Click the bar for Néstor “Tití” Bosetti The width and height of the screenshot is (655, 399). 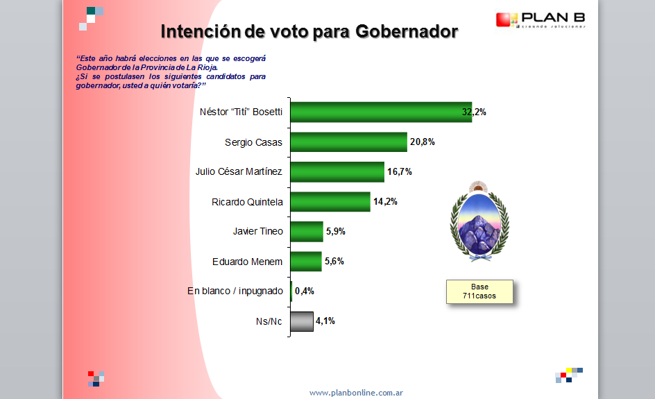[381, 112]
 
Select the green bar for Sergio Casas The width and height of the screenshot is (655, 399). [349, 142]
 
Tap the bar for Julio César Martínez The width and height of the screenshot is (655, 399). [337, 171]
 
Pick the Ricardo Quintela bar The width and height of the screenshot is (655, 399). [330, 202]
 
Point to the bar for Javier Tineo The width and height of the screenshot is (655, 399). [307, 232]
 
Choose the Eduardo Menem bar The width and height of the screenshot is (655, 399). [306, 262]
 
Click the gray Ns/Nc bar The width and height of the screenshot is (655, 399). [302, 321]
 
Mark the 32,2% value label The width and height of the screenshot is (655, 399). [474, 112]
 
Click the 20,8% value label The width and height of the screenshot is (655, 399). [423, 142]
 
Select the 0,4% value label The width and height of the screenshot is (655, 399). [305, 291]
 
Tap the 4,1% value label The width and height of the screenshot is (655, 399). [325, 321]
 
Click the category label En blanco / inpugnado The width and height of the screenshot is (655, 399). [235, 291]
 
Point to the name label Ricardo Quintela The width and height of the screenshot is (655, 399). [247, 202]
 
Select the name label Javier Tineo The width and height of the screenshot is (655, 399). [257, 232]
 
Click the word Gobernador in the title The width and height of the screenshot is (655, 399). [407, 32]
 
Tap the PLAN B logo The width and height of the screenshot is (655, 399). [541, 19]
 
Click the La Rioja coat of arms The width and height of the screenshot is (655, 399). [479, 221]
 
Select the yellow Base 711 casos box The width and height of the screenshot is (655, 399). [479, 291]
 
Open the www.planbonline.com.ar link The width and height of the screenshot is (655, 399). [356, 393]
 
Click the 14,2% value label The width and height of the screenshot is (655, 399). [385, 202]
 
